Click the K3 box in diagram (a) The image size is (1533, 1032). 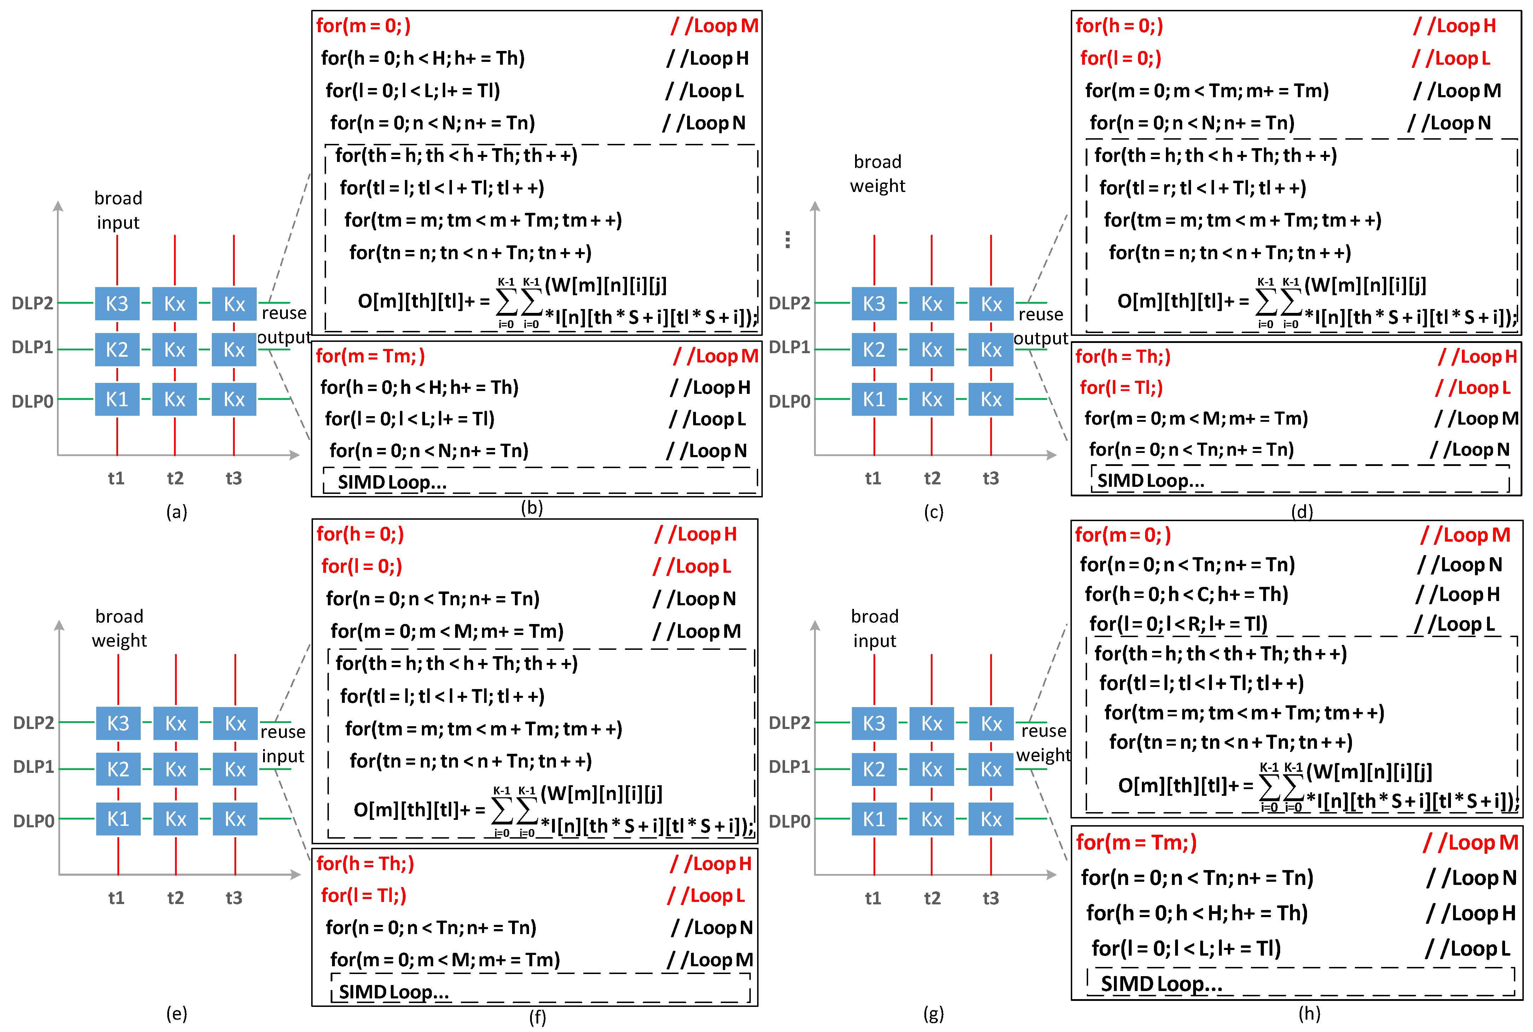(x=117, y=303)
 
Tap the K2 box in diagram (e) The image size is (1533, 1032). (x=118, y=769)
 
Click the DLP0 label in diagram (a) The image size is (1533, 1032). (x=32, y=401)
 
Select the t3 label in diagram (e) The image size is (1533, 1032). (x=234, y=898)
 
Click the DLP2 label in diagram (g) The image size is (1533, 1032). (x=789, y=723)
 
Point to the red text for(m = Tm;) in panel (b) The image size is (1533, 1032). (x=370, y=356)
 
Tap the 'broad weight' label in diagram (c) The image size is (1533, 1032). (x=877, y=174)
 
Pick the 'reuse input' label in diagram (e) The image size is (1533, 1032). (x=283, y=744)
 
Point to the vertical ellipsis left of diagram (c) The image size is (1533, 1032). (x=787, y=240)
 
